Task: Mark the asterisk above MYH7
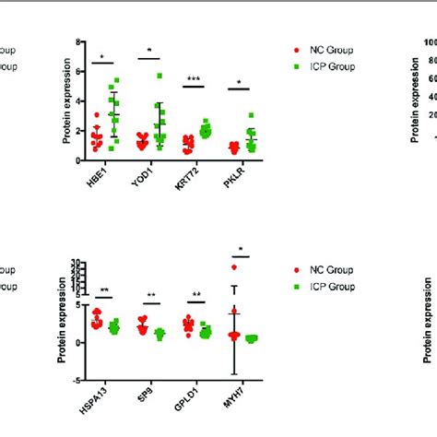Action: pyautogui.click(x=241, y=250)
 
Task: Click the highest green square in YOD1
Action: pyautogui.click(x=159, y=76)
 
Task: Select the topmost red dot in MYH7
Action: pyautogui.click(x=234, y=267)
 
